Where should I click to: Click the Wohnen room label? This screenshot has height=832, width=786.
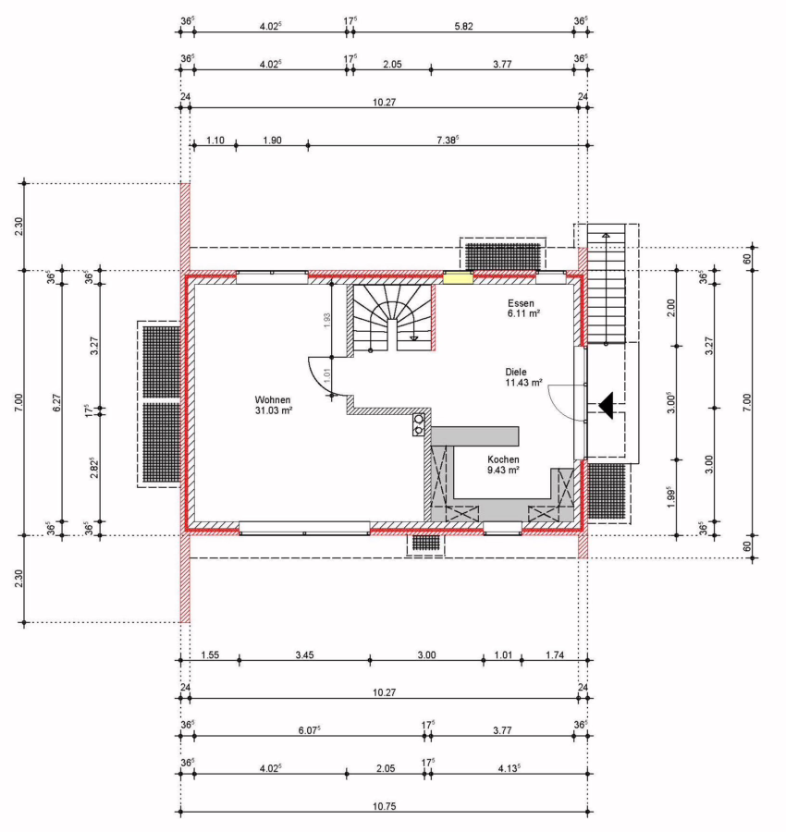[272, 399]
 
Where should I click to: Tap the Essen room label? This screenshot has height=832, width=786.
[521, 303]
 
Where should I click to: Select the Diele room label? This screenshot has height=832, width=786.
[516, 372]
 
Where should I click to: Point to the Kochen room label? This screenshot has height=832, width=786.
[503, 459]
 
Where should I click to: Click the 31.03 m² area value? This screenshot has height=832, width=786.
[274, 410]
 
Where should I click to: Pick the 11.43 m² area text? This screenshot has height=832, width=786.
[523, 383]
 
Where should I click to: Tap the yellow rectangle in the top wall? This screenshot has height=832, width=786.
[458, 277]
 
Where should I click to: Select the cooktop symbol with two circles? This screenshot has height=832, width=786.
[419, 424]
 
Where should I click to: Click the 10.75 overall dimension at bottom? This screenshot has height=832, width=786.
[385, 806]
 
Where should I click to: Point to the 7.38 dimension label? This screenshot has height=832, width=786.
[448, 141]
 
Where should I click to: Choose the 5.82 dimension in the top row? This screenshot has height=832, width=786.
[463, 26]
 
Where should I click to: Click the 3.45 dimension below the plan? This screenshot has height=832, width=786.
[304, 655]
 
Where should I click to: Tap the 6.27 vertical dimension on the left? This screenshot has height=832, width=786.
[57, 402]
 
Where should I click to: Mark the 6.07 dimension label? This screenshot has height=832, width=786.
[309, 730]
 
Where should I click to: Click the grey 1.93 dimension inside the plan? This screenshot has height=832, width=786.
[327, 320]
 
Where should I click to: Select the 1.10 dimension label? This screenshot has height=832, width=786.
[215, 141]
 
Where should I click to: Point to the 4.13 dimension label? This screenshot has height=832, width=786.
[509, 768]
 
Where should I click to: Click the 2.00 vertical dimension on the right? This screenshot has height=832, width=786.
[670, 308]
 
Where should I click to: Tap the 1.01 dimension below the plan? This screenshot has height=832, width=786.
[503, 655]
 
